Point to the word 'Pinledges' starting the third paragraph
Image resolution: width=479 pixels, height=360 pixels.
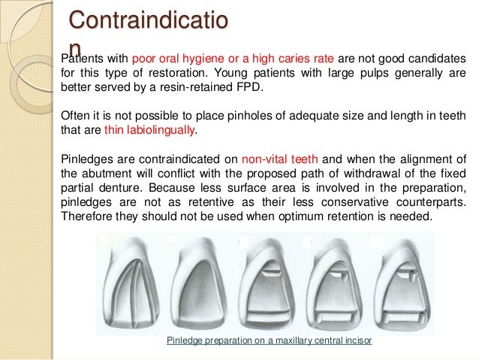pos(82,159)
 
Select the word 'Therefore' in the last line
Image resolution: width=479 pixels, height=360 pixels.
pos(83,216)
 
